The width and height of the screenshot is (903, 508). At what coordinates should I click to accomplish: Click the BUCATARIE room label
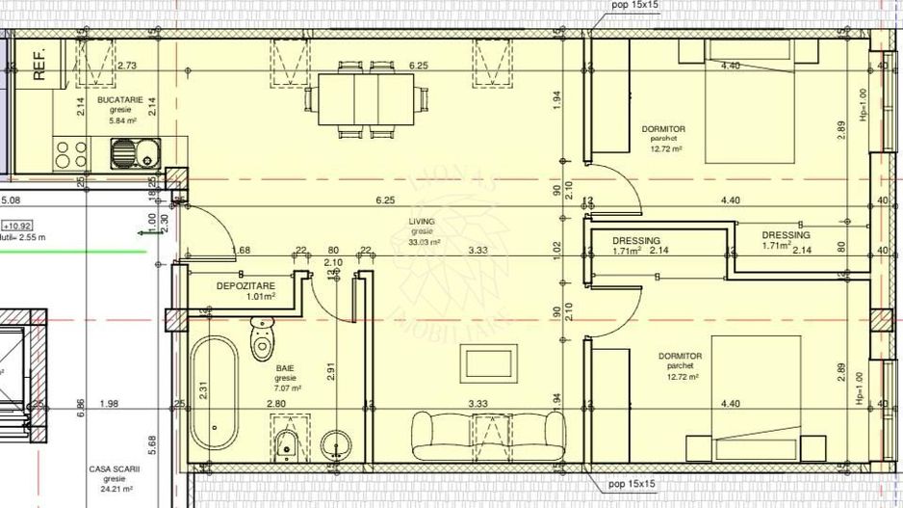120,99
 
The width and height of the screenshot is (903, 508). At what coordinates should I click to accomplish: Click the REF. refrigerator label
40,64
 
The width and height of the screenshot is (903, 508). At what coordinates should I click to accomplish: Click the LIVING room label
422,222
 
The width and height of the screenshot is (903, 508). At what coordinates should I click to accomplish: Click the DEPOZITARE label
245,286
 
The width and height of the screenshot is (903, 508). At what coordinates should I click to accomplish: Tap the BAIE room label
285,368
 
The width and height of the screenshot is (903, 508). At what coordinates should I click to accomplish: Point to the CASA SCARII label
115,468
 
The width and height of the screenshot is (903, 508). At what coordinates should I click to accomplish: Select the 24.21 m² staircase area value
116,488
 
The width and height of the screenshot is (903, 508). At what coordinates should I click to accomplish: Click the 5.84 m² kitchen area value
120,121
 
